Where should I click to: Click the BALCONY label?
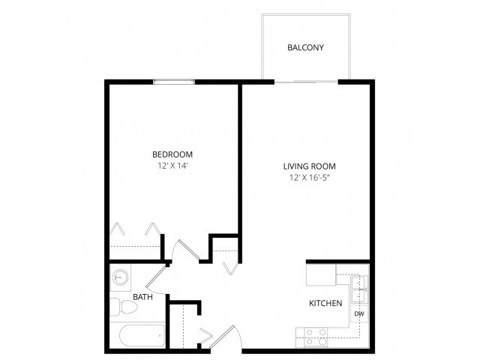pos(305,48)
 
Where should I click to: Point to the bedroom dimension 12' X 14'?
pos(172,166)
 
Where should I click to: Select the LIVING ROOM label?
pos(309,166)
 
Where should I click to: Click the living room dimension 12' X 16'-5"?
pos(309,178)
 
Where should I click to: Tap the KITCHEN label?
pos(326,304)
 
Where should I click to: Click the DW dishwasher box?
pos(358,313)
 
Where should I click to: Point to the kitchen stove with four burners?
pos(313,337)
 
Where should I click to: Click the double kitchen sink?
pos(358,284)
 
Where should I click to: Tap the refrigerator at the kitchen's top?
pos(321,275)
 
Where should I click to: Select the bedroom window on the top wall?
pos(174,81)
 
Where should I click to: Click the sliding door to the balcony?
pos(305,80)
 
